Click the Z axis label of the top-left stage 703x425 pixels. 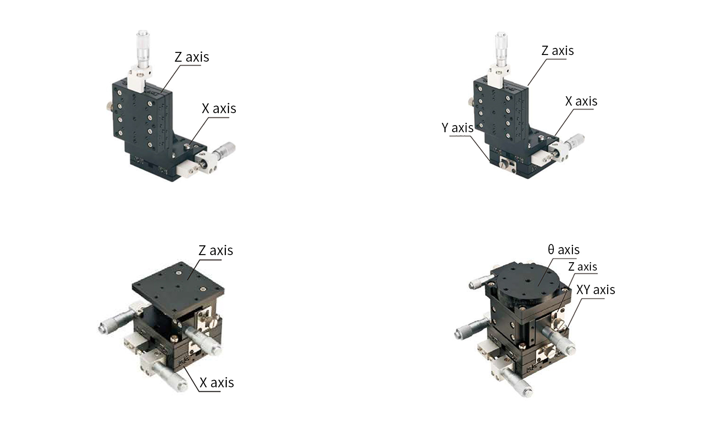(192, 57)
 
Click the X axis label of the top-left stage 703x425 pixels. (219, 109)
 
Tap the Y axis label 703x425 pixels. (457, 128)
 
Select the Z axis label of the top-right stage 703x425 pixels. (557, 51)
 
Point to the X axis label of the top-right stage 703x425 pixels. (581, 101)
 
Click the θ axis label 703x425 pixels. (564, 250)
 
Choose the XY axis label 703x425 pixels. (595, 290)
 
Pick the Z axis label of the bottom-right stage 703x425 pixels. (582, 267)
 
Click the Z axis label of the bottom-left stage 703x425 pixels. (216, 251)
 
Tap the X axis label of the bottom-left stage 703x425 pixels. (217, 383)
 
